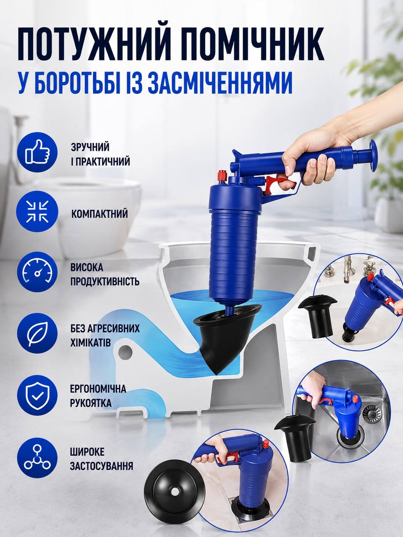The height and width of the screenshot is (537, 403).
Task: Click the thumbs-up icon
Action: point(37,152)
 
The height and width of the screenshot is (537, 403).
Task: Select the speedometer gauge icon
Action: point(37,272)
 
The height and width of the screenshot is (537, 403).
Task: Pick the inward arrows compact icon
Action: point(37,212)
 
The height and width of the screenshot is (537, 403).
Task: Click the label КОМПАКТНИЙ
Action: point(99,214)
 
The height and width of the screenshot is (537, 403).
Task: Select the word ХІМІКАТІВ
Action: point(90,342)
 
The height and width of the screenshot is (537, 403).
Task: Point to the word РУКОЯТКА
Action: point(91,403)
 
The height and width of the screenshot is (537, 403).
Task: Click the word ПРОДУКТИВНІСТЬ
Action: point(105,282)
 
